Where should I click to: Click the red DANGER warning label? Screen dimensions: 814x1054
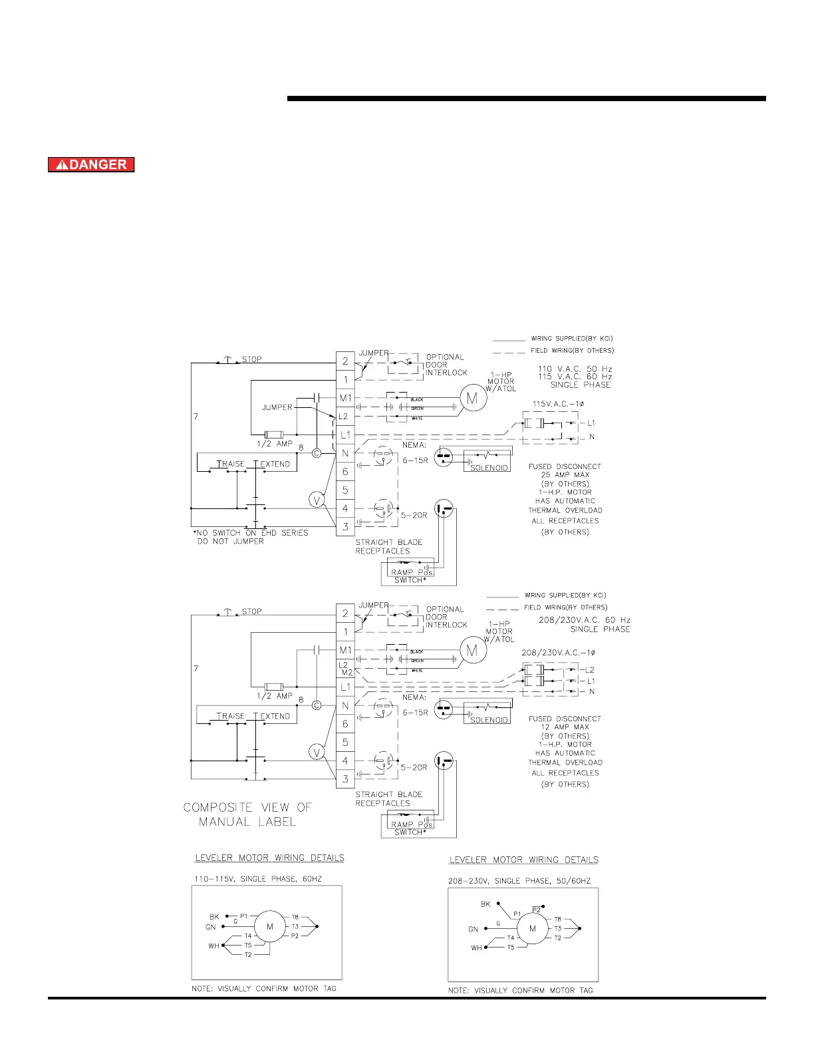tap(91, 164)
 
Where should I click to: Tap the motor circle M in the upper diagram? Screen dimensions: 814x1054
tap(472, 399)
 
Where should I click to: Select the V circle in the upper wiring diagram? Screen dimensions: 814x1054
tap(317, 500)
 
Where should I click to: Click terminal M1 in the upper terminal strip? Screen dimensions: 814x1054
tap(345, 398)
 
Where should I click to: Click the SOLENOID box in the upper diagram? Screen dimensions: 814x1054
tap(489, 468)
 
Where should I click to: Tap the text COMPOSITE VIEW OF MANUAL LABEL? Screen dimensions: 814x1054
tap(247, 814)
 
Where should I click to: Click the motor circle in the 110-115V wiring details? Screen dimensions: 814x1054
tap(270, 926)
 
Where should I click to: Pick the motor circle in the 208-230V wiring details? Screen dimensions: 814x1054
tap(532, 929)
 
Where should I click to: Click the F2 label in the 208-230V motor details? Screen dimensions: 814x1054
tap(536, 909)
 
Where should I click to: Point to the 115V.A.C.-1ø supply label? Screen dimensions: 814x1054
tap(559, 404)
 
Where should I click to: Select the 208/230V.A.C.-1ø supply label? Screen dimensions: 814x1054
tap(559, 653)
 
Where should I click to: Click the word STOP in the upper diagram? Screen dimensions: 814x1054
tap(251, 359)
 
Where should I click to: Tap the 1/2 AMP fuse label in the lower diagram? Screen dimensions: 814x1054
tap(275, 696)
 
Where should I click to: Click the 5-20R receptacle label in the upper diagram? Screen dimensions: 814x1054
tap(414, 515)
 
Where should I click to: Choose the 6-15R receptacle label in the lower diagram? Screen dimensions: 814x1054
tap(415, 713)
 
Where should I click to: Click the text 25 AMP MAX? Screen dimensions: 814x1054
tap(565, 475)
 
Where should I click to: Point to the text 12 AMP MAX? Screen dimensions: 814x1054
tap(565, 727)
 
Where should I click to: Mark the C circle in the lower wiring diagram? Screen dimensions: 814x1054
tap(317, 705)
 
